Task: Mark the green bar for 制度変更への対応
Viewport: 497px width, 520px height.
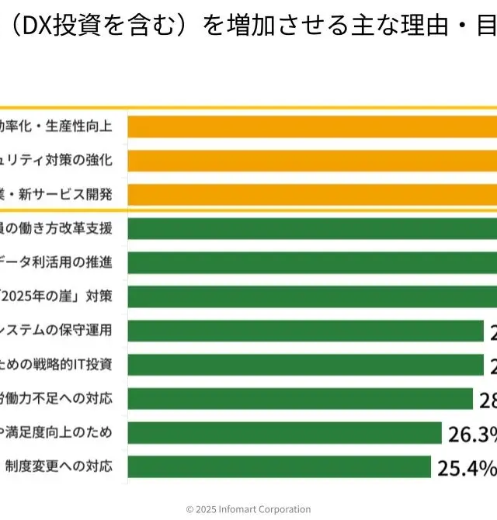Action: (280, 467)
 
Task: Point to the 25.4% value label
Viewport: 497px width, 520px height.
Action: (467, 467)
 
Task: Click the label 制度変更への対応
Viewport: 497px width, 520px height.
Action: (59, 467)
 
